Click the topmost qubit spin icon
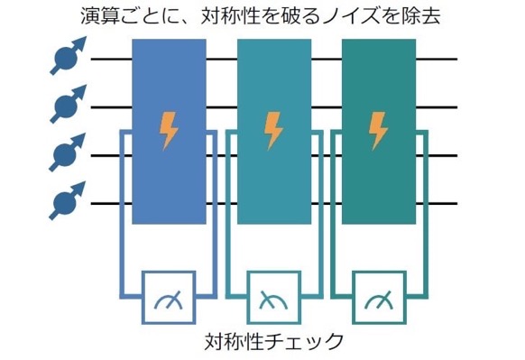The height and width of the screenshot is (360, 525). [x=68, y=56]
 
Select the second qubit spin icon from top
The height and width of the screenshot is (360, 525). [x=68, y=104]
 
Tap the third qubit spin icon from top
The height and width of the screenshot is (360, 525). [x=68, y=152]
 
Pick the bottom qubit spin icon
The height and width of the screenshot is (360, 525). [x=68, y=200]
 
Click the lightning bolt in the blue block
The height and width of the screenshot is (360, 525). [x=169, y=131]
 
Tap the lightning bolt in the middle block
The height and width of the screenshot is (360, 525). [x=273, y=131]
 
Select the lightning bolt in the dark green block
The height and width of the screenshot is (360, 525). [x=378, y=131]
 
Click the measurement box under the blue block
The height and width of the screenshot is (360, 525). [x=169, y=298]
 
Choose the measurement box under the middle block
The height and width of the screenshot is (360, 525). [x=274, y=298]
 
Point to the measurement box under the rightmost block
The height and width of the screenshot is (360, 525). [x=379, y=298]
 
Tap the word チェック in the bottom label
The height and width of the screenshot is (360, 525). [x=305, y=341]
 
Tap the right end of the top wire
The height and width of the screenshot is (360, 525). [x=457, y=59]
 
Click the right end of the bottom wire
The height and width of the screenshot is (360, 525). [x=457, y=203]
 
